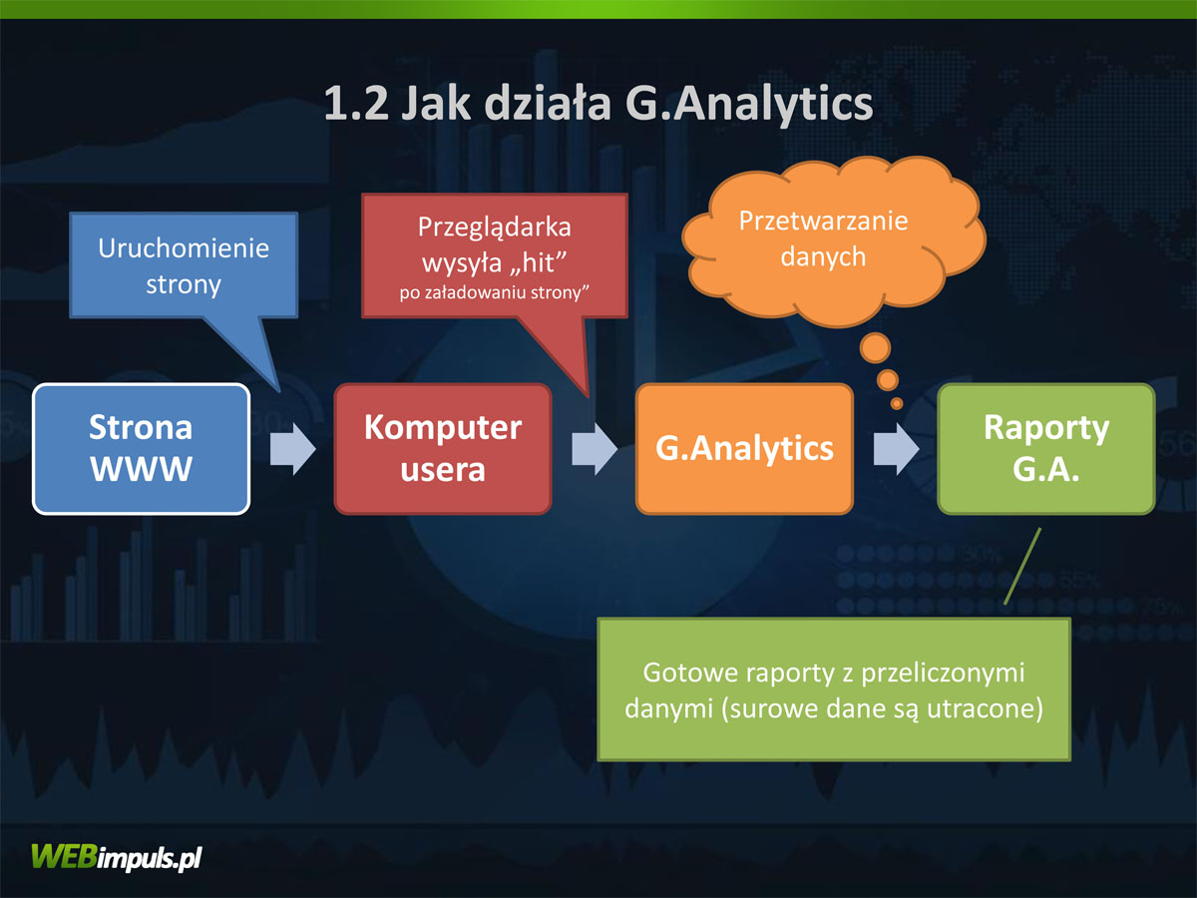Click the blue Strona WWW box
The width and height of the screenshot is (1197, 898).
(142, 449)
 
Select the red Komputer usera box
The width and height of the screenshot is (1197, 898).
(443, 449)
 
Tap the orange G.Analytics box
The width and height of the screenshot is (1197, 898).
(744, 449)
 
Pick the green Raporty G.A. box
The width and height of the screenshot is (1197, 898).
(1046, 449)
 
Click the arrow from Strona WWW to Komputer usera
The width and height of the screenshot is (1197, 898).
(293, 449)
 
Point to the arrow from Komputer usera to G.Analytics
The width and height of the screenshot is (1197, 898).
(595, 449)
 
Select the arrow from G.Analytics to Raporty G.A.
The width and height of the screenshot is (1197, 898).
(896, 449)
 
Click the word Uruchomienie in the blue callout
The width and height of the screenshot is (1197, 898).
(184, 248)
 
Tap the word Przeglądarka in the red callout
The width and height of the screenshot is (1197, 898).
(495, 227)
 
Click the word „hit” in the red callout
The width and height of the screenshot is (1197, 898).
(538, 262)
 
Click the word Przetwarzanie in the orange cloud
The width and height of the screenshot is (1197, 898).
(824, 221)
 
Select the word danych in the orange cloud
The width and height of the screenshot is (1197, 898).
(824, 256)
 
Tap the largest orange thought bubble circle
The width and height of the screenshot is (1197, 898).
(875, 347)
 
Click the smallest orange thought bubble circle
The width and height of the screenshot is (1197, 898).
(897, 404)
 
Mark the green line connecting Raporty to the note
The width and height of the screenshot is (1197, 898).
(1022, 566)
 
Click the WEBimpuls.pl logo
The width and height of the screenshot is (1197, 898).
(117, 858)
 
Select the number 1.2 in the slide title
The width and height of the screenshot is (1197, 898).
(356, 104)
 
